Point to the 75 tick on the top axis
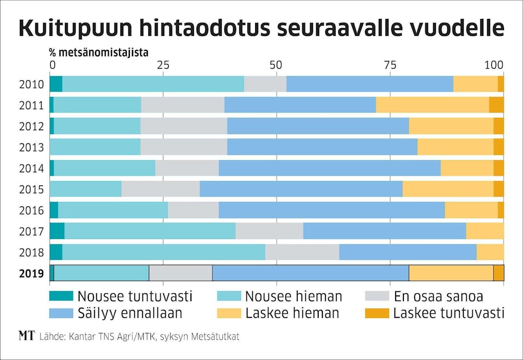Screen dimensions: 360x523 point(391,65)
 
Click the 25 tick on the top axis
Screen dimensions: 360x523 point(163,65)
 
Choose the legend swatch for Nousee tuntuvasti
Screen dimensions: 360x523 point(61,296)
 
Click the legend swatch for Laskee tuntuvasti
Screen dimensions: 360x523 point(377,312)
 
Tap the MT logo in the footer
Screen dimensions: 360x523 point(27,336)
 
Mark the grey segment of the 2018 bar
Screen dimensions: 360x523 point(302,252)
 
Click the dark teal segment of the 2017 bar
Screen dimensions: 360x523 point(57,231)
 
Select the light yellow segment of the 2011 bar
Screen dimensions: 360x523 point(432,105)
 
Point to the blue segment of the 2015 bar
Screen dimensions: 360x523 point(301,189)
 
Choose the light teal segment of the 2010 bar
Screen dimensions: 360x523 point(153,84)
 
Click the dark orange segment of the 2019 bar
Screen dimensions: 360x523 point(498,273)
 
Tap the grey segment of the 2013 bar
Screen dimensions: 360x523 point(184,147)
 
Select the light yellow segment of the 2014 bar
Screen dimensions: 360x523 point(467,168)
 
